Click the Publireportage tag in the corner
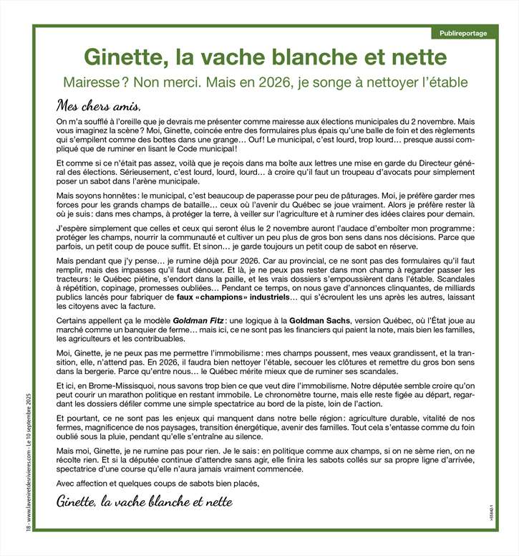[463, 34]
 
